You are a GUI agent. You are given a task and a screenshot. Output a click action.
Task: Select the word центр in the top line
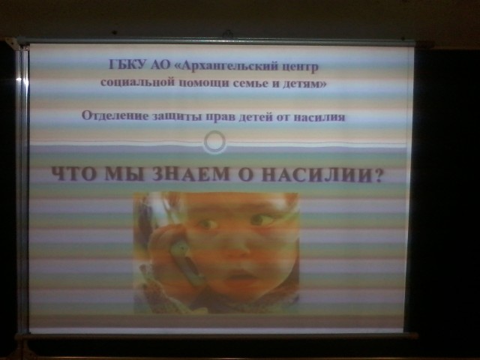(300, 67)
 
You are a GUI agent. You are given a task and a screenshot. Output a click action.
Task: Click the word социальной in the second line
(137, 82)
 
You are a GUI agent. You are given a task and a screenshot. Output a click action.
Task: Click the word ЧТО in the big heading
(75, 174)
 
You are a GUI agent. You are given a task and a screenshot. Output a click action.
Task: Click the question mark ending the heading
(378, 175)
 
